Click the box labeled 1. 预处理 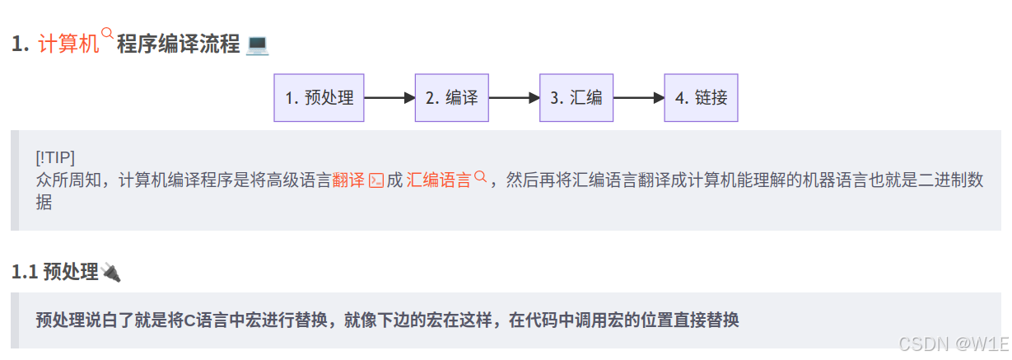pos(319,98)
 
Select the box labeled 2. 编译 pos(451,98)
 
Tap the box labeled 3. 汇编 pos(576,98)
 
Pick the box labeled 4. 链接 pos(701,98)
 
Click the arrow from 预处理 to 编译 pos(389,98)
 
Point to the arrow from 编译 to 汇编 pos(515,98)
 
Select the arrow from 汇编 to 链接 pos(639,98)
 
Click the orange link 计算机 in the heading pos(68,44)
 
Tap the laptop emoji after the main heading pos(258,44)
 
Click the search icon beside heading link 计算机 pos(107,35)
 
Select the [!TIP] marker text pos(55,158)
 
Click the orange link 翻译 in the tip pos(348,180)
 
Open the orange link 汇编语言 pos(439,180)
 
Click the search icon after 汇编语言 pos(481,176)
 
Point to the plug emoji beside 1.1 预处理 pos(111,272)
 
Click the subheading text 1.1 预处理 pos(54,272)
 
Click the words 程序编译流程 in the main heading pos(178,44)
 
